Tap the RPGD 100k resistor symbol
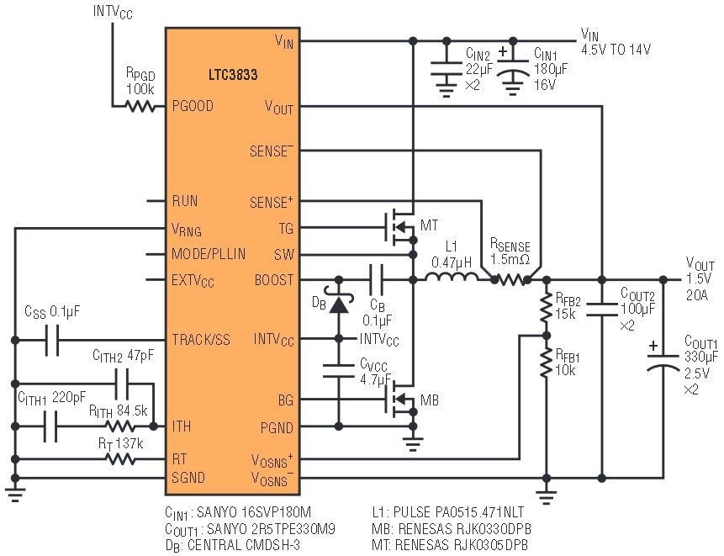coord(140,106)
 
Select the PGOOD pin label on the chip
coord(193,106)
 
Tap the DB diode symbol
coord(339,304)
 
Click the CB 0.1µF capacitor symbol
coord(376,279)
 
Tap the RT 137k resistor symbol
coord(119,459)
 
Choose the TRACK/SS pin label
coord(200,340)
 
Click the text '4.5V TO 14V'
coord(618,48)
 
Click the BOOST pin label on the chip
coord(274,280)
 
